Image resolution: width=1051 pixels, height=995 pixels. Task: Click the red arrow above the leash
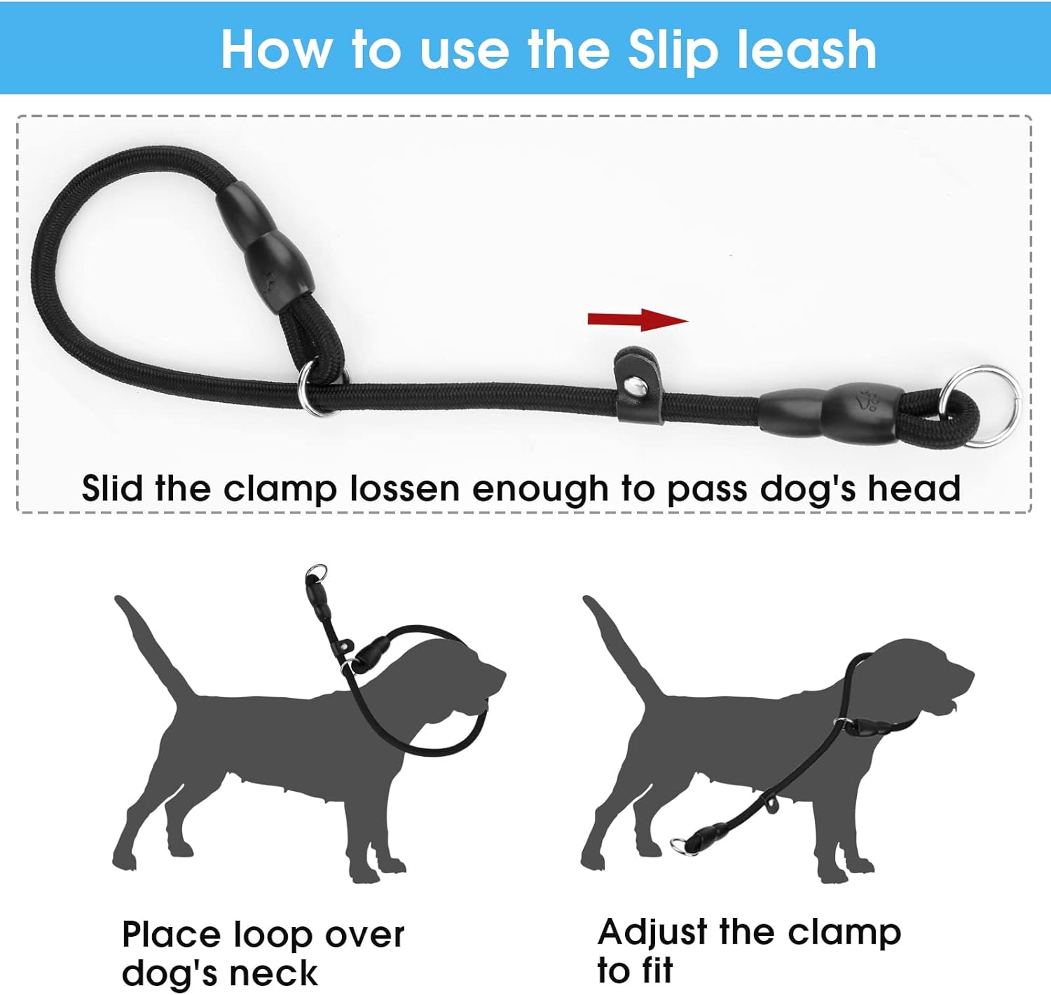638,320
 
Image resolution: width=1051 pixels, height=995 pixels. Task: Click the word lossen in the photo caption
405,488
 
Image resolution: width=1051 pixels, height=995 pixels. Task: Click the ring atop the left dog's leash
317,571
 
